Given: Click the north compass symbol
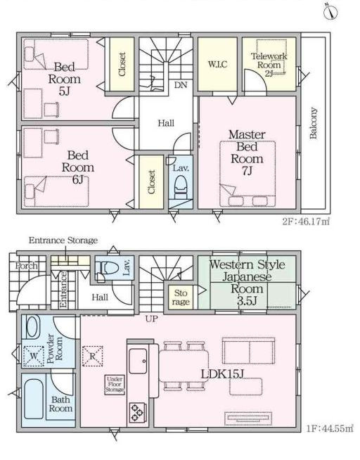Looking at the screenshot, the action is pyautogui.click(x=330, y=12).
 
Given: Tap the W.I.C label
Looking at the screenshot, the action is pyautogui.click(x=217, y=64).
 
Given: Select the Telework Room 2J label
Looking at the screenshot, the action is pyautogui.click(x=269, y=65).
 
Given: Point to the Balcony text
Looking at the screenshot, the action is pyautogui.click(x=314, y=123).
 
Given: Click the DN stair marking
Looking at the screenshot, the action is pyautogui.click(x=181, y=85).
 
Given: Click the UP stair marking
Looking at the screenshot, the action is pyautogui.click(x=152, y=319).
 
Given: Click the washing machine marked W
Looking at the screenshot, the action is pyautogui.click(x=34, y=356).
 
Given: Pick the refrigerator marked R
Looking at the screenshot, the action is pyautogui.click(x=93, y=356).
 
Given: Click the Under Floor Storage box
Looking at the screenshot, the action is pyautogui.click(x=115, y=385).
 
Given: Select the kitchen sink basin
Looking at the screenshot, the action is pyautogui.click(x=138, y=361).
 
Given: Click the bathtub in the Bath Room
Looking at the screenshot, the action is pyautogui.click(x=34, y=399).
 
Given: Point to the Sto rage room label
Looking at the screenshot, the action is pyautogui.click(x=181, y=298).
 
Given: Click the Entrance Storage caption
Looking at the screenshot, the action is pyautogui.click(x=63, y=241).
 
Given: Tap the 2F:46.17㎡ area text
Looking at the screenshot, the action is pyautogui.click(x=306, y=221).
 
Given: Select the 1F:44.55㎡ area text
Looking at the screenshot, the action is pyautogui.click(x=330, y=428).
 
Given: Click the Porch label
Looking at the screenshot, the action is pyautogui.click(x=27, y=266).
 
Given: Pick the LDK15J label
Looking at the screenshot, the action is pyautogui.click(x=222, y=373).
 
